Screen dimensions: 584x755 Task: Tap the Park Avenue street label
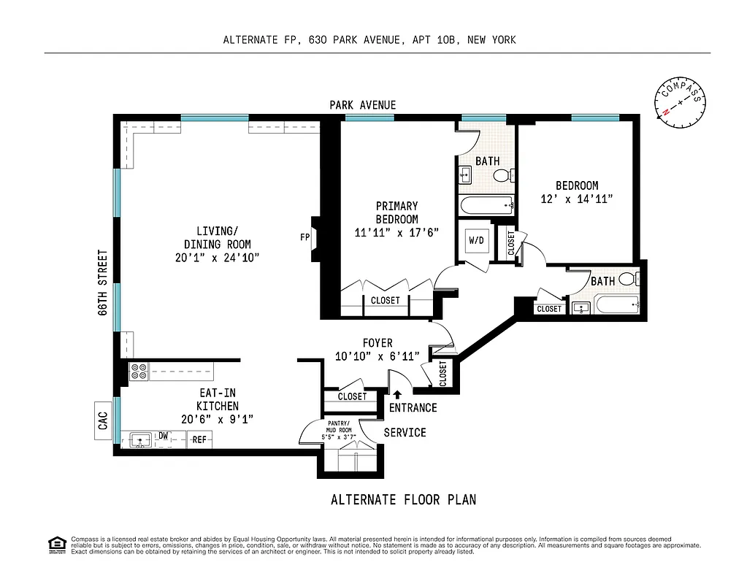(362, 105)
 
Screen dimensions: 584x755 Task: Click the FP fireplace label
(304, 237)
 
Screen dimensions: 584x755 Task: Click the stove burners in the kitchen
(139, 372)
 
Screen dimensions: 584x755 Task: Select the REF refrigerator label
(199, 439)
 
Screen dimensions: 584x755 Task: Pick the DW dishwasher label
(164, 437)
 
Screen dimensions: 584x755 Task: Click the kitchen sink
(139, 439)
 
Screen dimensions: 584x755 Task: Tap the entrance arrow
(397, 395)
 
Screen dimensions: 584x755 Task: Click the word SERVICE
(405, 432)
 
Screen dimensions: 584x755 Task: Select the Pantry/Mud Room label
(338, 431)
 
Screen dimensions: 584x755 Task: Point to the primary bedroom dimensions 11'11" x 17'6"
(396, 233)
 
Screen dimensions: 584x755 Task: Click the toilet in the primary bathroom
(502, 175)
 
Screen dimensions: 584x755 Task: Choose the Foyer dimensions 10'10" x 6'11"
(377, 356)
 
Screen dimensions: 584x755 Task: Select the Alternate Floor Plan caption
(403, 499)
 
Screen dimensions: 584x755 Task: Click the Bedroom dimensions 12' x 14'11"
(576, 199)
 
